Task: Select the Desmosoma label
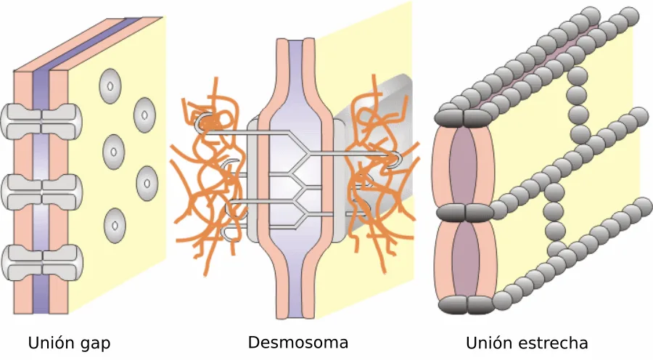point(298,342)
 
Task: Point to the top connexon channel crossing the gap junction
point(41,121)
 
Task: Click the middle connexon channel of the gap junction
point(41,192)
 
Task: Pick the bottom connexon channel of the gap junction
point(41,263)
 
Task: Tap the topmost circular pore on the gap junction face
point(110,86)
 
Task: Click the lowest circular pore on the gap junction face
point(115,226)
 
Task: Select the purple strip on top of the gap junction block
point(88,44)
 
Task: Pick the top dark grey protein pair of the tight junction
point(463,118)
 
